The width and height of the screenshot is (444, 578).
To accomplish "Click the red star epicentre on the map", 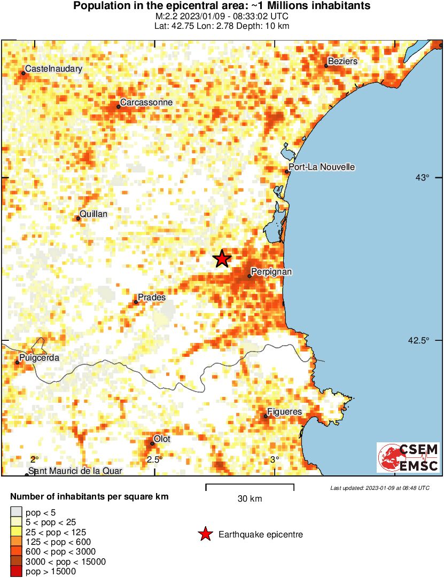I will coord(222,259).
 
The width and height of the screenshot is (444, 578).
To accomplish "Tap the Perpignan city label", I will coord(271,272).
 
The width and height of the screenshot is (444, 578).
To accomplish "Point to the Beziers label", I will coord(342,61).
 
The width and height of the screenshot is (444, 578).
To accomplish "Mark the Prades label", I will coord(152,297).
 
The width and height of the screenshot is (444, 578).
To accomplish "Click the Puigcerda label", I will coord(39,358).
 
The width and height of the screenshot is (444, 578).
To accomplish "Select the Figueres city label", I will coord(284,412).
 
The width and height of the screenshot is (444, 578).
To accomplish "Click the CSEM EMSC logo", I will coord(408,458).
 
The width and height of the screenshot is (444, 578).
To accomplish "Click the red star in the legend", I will coord(205,534).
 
